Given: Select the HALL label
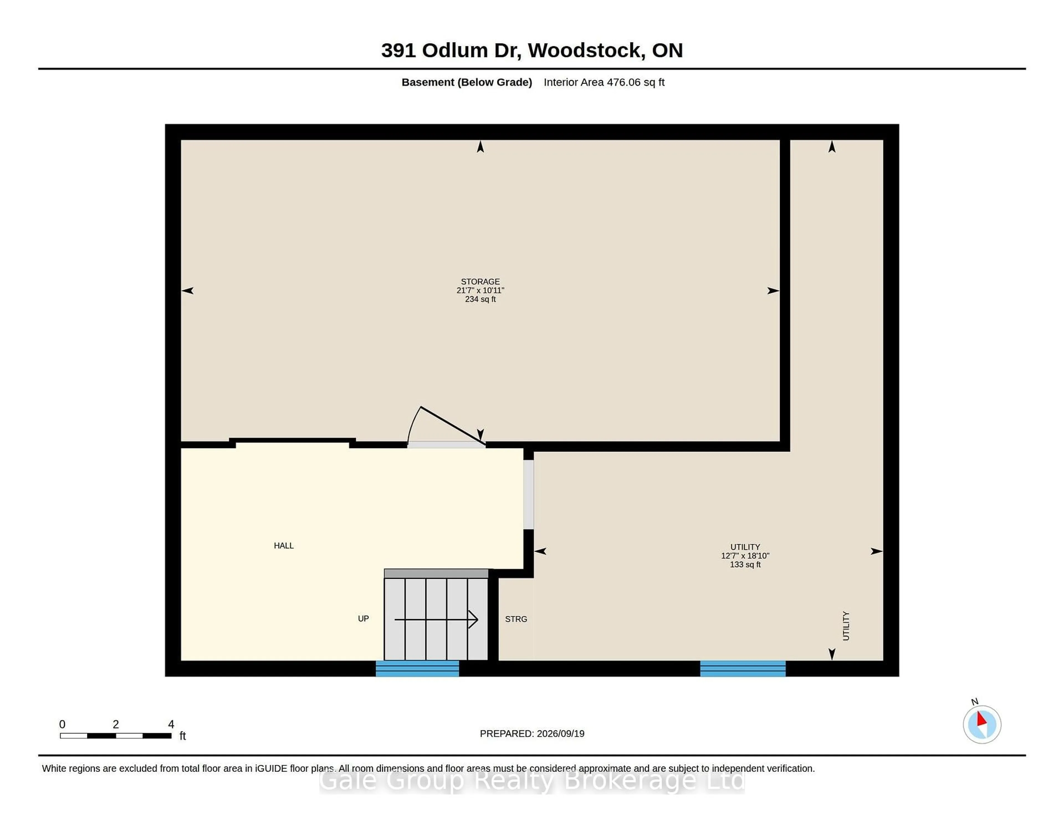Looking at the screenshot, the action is pos(283,545).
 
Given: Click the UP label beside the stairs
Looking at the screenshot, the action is pos(364,618).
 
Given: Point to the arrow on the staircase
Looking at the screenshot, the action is pos(436,620).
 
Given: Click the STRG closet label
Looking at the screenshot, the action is pos(516,619).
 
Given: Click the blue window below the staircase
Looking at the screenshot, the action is pos(418,669).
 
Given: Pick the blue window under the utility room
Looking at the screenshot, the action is pos(743,669).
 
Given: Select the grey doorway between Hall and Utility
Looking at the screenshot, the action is pos(529,494).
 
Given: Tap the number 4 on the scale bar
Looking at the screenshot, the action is pos(171,724).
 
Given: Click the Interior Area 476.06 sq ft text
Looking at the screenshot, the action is pos(604,82).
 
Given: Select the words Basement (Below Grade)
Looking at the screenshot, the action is pos(467,82).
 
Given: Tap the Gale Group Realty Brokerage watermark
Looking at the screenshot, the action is pos(532,781).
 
